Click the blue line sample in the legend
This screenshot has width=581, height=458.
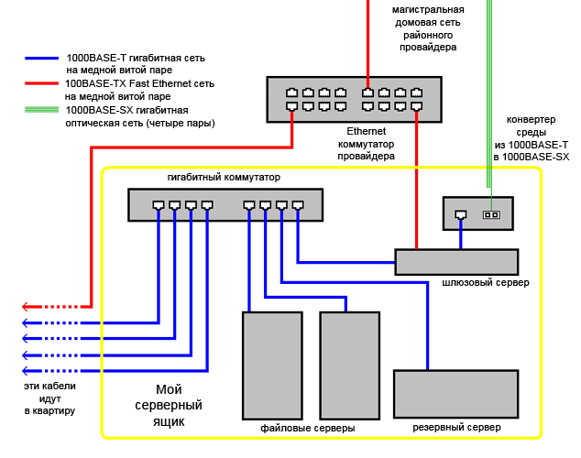[44, 57]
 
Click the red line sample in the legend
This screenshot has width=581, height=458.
[44, 83]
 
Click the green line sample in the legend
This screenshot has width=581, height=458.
[44, 110]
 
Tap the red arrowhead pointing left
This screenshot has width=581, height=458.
[27, 306]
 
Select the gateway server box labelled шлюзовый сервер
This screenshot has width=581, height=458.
[456, 262]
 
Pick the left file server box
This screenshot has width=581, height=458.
[272, 365]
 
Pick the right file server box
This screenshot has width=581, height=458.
[349, 365]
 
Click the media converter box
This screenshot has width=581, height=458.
[477, 213]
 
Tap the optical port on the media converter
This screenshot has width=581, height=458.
[490, 215]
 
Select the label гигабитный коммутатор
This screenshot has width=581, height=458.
[224, 177]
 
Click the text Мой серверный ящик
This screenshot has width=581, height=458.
[169, 405]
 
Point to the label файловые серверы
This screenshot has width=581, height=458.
[308, 428]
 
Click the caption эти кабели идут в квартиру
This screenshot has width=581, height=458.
[50, 398]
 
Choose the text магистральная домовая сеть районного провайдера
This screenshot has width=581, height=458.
[428, 27]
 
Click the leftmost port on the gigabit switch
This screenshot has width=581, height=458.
[159, 205]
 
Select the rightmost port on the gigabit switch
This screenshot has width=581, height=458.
[298, 205]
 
